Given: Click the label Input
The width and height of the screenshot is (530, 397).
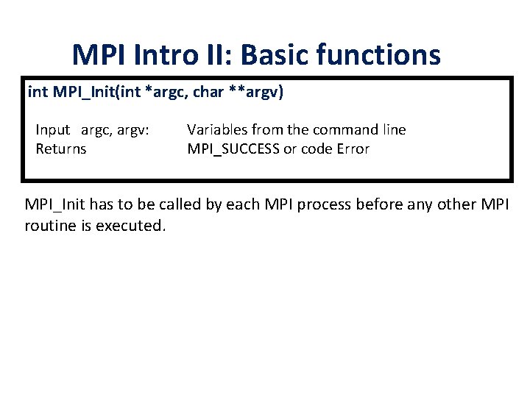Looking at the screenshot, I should pos(53,130).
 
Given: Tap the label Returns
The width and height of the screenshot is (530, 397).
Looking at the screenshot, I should pos(61,149).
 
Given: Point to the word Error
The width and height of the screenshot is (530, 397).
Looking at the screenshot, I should pos(351,149).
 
